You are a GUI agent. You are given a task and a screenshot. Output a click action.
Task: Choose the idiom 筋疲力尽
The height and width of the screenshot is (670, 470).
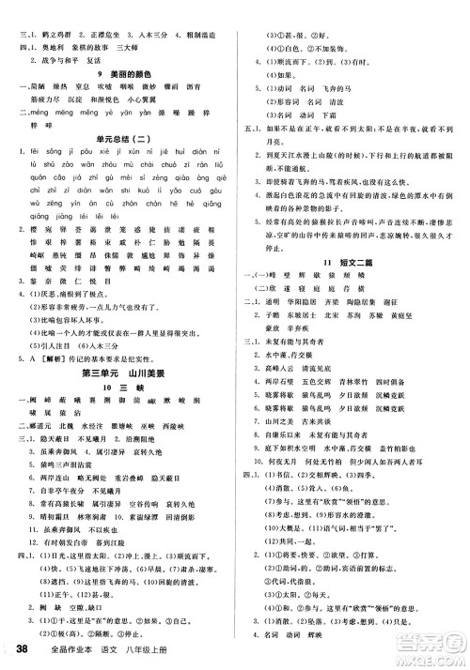click(x=34, y=110)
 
